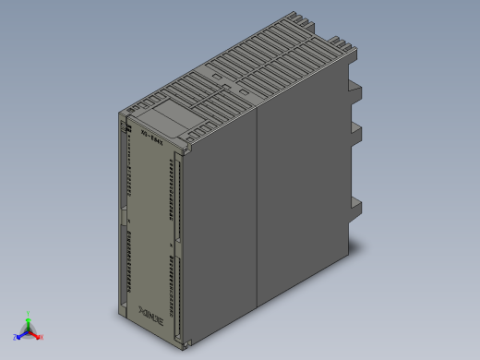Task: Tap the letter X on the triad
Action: pyautogui.click(x=42, y=337)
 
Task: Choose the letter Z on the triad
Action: pyautogui.click(x=16, y=339)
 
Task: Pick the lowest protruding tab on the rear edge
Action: pyautogui.click(x=354, y=210)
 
